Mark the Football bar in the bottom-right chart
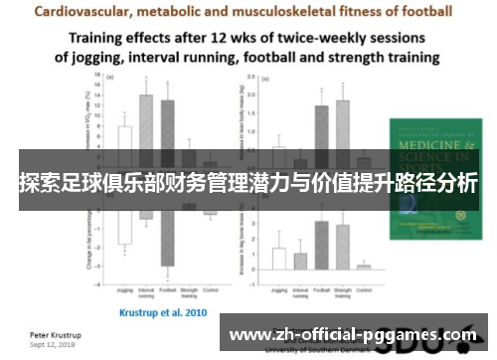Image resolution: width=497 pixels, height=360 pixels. pos(321,245)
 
